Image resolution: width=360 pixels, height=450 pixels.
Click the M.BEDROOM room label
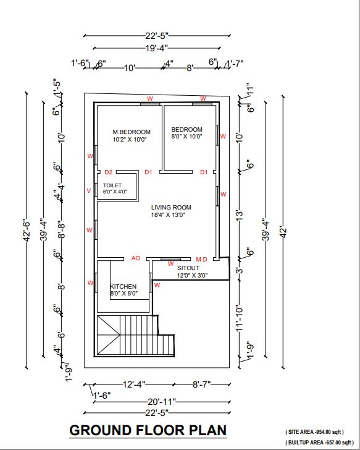coord(132,132)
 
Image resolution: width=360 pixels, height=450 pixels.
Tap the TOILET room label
coord(112,185)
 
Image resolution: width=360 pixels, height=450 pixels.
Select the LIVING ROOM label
coord(171,208)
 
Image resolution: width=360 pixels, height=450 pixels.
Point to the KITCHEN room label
coord(123,286)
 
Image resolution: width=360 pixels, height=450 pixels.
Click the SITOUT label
coord(188,268)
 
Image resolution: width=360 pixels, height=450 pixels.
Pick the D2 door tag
coord(108,172)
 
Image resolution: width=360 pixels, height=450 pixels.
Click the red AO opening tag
coord(136,258)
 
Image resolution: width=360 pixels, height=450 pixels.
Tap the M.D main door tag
coord(201,260)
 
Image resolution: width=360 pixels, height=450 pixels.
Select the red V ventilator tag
coord(89,191)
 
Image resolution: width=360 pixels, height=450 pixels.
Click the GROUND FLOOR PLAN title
coord(148,430)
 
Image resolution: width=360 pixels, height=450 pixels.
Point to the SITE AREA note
coord(314,431)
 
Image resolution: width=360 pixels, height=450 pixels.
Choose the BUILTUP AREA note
coord(320,443)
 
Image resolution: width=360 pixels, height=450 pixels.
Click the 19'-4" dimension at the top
coord(156,48)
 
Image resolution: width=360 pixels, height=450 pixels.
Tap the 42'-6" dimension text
coord(27,231)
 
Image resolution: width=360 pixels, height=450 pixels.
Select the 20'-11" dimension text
coord(162,402)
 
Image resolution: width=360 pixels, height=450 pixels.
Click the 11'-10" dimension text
coord(240,318)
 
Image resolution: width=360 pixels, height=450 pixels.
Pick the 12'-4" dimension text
coord(134,384)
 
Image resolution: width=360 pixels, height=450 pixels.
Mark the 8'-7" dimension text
coord(202,384)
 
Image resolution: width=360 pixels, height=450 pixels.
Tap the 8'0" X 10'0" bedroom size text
coord(186,137)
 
